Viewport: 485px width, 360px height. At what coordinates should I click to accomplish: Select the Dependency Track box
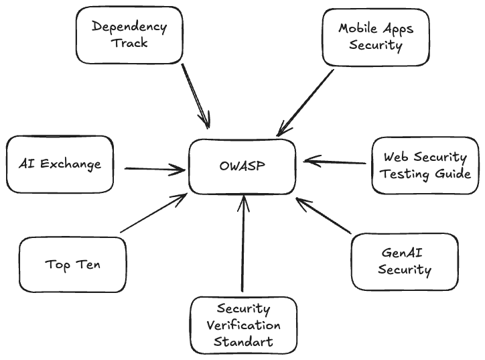(x=129, y=35)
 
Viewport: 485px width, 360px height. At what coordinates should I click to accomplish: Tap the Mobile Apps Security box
(x=375, y=38)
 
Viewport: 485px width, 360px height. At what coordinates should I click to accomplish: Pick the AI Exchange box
(x=60, y=164)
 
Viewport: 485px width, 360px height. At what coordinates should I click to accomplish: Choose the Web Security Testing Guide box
(x=425, y=166)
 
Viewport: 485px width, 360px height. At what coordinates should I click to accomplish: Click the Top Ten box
(x=73, y=264)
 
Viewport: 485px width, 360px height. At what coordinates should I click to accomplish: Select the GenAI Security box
(x=405, y=261)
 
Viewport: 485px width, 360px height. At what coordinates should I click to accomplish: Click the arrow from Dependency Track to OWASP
(x=195, y=95)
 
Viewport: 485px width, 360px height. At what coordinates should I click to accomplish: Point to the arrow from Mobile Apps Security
(x=305, y=101)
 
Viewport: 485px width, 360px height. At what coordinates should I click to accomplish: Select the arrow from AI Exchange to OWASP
(x=154, y=169)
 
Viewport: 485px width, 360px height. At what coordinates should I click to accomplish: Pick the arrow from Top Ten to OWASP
(x=153, y=214)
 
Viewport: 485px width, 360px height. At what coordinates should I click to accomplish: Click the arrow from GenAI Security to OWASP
(x=323, y=215)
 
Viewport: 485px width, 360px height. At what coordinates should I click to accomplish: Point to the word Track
(x=129, y=43)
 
